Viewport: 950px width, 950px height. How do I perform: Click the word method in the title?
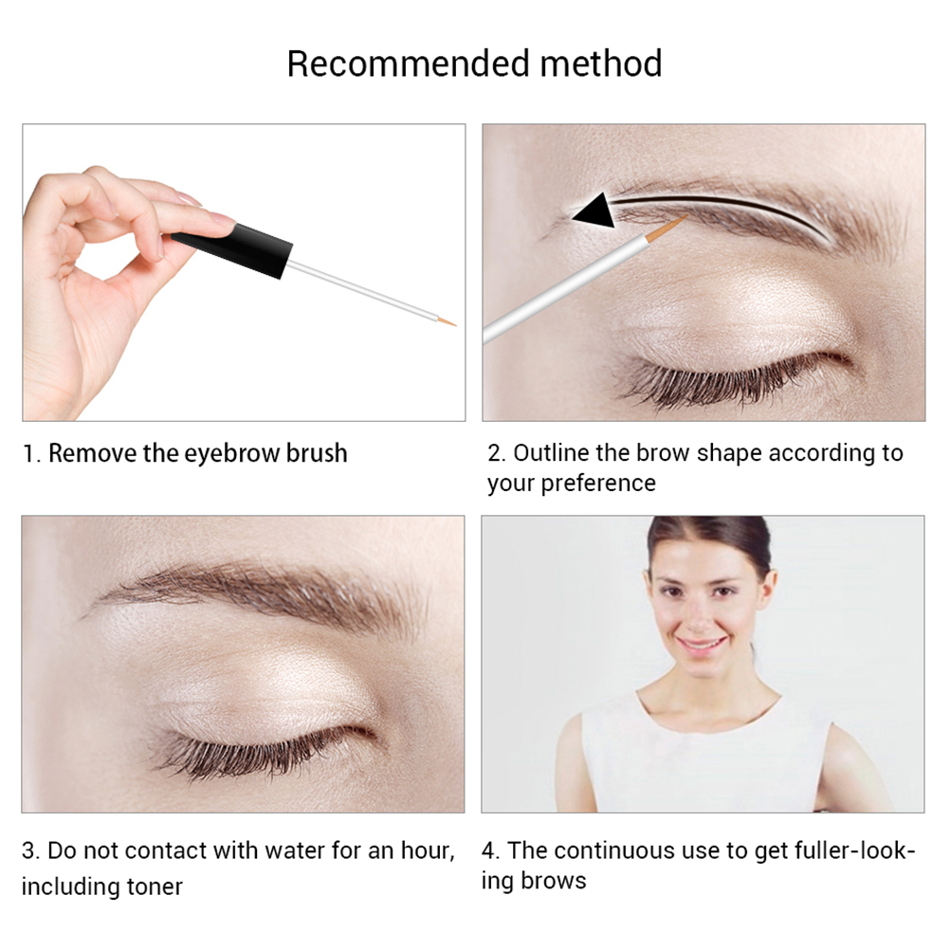click(x=601, y=64)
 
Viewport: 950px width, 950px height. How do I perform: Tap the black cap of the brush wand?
click(x=233, y=250)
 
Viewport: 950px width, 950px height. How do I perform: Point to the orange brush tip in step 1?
click(x=448, y=321)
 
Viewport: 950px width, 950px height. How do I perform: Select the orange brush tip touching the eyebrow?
click(x=667, y=229)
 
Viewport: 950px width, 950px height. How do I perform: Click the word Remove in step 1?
click(x=92, y=453)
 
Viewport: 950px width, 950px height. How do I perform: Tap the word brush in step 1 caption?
click(x=317, y=453)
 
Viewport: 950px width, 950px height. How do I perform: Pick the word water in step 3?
click(x=294, y=850)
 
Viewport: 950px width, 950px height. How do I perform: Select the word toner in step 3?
click(x=155, y=887)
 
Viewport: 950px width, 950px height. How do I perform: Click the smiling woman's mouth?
click(x=702, y=644)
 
